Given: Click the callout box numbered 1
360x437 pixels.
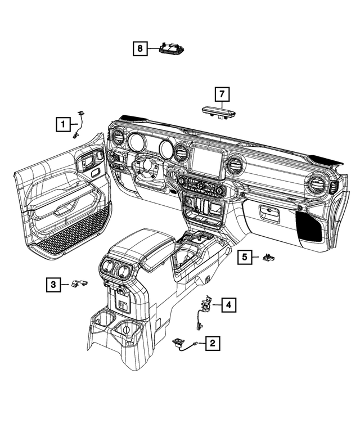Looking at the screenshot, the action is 63,124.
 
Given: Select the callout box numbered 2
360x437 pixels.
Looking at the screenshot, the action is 213,343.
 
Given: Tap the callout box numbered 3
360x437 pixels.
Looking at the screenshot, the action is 53,285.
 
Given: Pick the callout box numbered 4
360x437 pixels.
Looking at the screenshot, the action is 228,305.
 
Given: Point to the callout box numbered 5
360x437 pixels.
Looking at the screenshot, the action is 245,256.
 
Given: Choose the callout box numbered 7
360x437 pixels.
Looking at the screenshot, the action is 222,94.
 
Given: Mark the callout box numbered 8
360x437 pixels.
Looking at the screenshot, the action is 140,48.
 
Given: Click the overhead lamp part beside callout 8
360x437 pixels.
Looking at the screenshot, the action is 172,48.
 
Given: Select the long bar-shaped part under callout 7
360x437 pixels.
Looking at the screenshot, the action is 219,112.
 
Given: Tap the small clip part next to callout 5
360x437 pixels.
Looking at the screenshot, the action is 269,257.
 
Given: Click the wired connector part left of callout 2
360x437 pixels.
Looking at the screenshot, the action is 184,344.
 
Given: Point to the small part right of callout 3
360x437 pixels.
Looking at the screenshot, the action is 80,283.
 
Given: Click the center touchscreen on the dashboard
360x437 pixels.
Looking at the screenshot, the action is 206,161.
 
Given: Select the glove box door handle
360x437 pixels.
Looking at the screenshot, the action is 269,213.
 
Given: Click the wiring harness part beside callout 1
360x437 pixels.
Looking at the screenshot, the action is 79,125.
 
